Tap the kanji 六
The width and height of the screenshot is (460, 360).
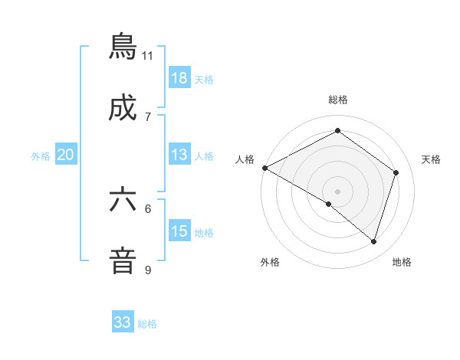pyautogui.click(x=123, y=200)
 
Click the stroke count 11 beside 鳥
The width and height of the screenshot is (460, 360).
pyautogui.click(x=147, y=55)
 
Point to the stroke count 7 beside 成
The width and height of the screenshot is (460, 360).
pyautogui.click(x=148, y=116)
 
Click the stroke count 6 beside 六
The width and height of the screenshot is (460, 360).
pyautogui.click(x=148, y=208)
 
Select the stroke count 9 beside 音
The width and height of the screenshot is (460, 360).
pyautogui.click(x=148, y=270)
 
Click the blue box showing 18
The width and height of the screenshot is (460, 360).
pyautogui.click(x=179, y=78)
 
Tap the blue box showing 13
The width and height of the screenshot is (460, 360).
pyautogui.click(x=179, y=155)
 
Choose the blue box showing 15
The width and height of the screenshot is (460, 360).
pyautogui.click(x=179, y=231)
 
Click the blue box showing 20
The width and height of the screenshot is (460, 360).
pyautogui.click(x=66, y=155)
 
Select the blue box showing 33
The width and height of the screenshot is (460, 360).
pyautogui.click(x=123, y=322)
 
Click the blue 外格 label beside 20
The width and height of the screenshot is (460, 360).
pyautogui.click(x=41, y=156)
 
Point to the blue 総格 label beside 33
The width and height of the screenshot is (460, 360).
pyautogui.click(x=147, y=324)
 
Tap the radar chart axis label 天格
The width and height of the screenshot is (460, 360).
pyautogui.click(x=432, y=159)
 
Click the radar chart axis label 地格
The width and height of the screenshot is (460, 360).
pyautogui.click(x=402, y=262)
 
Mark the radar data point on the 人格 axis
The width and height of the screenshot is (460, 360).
pyautogui.click(x=264, y=168)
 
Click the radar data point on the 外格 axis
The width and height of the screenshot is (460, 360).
pyautogui.click(x=329, y=204)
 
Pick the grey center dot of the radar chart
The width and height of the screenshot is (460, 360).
pyautogui.click(x=337, y=191)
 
